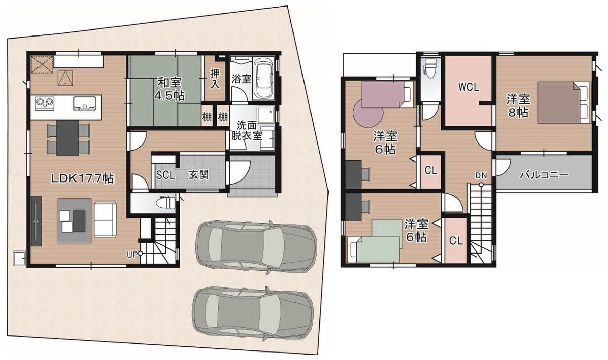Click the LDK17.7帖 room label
point(83,178)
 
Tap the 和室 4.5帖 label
point(170,89)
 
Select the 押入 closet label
point(215,79)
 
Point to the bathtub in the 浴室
point(263,78)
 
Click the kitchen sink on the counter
point(85,104)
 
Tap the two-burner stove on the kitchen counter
point(45,103)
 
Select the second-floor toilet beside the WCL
point(430,69)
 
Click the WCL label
point(469,87)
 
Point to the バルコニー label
point(544,175)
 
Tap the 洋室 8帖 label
point(518,105)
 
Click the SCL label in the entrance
point(165,175)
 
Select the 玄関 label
point(199,175)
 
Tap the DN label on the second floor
point(481,176)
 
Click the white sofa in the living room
point(105,220)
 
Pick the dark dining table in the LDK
point(67,138)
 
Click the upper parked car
point(256,247)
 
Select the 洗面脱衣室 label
point(246,131)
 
